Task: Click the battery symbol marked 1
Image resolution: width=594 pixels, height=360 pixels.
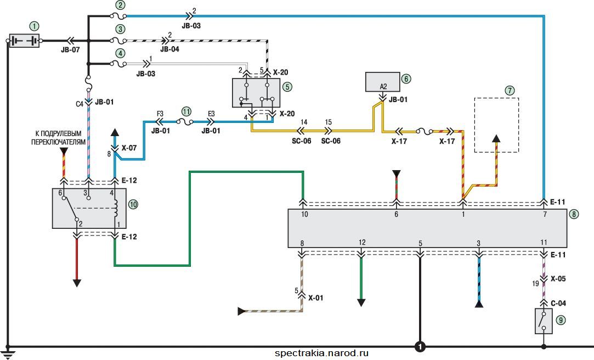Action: click(24, 41)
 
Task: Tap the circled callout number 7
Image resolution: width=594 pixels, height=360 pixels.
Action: click(510, 91)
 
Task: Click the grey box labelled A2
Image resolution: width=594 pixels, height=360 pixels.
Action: click(383, 82)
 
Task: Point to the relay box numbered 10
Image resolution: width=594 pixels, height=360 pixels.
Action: click(89, 208)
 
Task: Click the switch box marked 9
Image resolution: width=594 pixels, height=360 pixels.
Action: click(544, 321)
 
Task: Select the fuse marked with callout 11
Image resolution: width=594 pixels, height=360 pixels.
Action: click(185, 122)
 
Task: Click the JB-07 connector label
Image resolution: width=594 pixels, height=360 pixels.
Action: click(70, 49)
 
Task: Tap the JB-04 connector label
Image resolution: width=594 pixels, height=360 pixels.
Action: click(169, 49)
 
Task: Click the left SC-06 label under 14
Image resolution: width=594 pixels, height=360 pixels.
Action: click(302, 141)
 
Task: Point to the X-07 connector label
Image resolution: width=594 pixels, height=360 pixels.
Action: click(129, 148)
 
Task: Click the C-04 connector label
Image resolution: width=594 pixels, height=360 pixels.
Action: click(558, 303)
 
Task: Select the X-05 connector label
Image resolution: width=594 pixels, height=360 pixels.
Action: click(558, 279)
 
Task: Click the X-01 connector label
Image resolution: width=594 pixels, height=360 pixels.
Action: click(315, 298)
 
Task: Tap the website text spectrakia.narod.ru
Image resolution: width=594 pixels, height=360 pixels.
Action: click(321, 353)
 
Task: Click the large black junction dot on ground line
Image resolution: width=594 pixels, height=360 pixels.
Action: click(420, 346)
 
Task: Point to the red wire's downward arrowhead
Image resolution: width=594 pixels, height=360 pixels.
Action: click(77, 283)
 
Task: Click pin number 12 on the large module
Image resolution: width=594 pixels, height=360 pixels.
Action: click(362, 242)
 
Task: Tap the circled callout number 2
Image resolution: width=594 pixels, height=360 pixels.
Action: click(120, 5)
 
